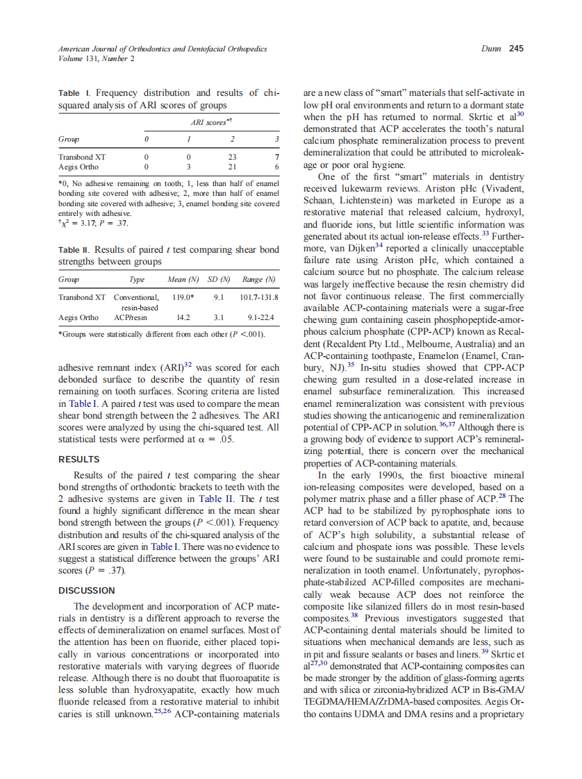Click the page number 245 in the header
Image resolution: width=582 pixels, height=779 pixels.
coord(516,49)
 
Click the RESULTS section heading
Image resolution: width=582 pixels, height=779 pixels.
coord(78,459)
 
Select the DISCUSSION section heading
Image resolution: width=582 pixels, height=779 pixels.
coord(87,590)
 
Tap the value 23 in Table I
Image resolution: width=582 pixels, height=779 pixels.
coord(233,157)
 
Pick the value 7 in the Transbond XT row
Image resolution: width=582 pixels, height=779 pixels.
coord(276,157)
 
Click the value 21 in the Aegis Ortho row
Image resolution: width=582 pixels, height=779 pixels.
coord(233,167)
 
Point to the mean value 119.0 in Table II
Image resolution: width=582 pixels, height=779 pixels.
coord(182,297)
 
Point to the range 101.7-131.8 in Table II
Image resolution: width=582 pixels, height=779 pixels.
coord(258,297)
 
